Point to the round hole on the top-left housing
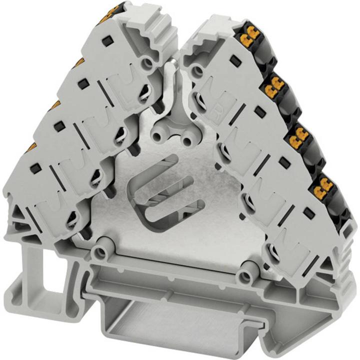pos(146,62)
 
